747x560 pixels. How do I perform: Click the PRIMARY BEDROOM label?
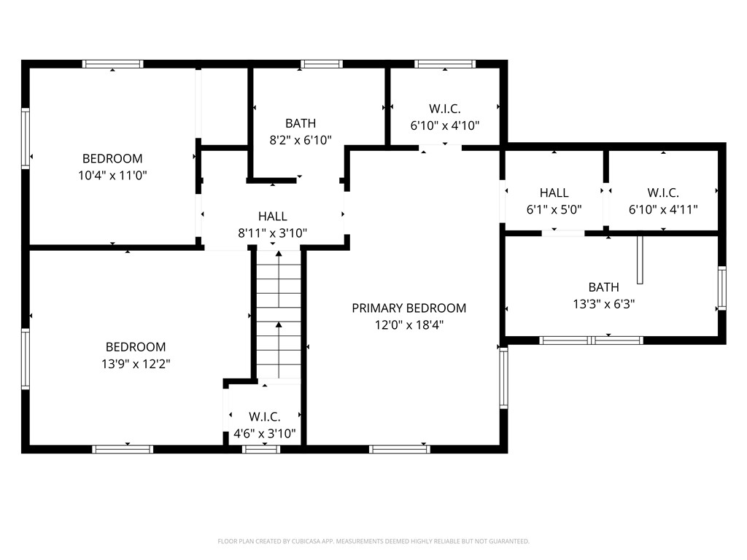point(409,308)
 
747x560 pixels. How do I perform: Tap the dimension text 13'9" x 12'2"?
point(135,363)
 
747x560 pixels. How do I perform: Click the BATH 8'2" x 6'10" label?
point(301,132)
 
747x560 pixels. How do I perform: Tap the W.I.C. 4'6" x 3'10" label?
point(264,425)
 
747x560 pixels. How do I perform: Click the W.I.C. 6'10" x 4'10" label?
point(444,117)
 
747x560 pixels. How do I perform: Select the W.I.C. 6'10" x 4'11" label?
point(663,201)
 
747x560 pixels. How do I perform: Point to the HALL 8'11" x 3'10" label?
point(272,225)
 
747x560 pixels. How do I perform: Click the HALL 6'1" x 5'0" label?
point(554,201)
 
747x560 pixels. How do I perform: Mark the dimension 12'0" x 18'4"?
point(409,325)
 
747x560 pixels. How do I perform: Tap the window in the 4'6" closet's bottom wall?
point(261,449)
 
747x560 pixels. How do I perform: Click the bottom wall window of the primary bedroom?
point(400,449)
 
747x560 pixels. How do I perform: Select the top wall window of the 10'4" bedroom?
point(113,64)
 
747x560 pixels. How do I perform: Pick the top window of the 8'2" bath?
point(322,64)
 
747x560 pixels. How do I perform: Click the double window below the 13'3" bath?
point(591,340)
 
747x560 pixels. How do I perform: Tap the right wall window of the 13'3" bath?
point(721,288)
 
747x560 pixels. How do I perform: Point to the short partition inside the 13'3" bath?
point(640,259)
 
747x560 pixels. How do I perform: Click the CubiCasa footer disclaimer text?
point(373,541)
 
